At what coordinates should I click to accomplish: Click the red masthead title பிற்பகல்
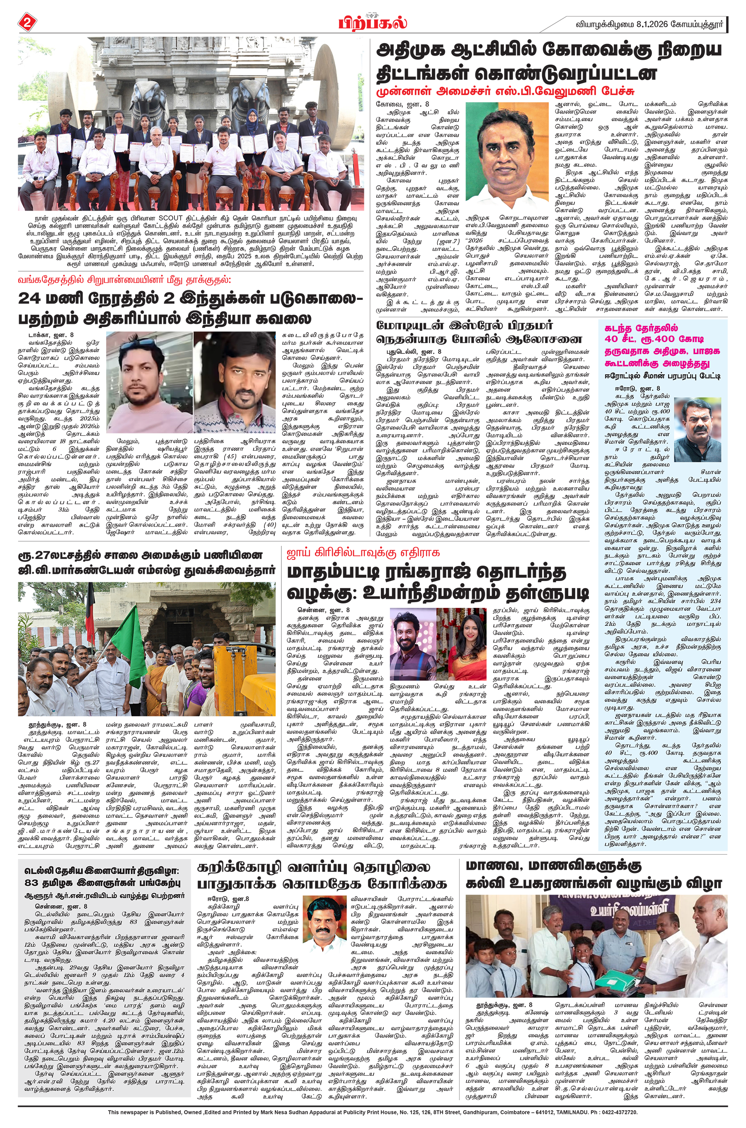click(373, 22)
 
